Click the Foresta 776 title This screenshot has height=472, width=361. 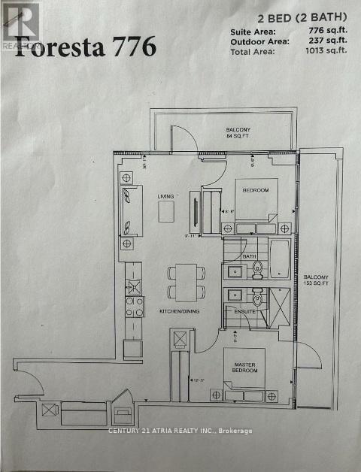86,46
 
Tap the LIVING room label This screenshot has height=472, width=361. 165,197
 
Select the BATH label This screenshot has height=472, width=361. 250,256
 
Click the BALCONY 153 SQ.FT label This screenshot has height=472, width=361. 316,281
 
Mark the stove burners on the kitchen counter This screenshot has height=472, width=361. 134,305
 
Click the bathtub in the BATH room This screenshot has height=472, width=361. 279,258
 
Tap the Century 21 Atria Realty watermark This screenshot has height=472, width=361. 180,431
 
